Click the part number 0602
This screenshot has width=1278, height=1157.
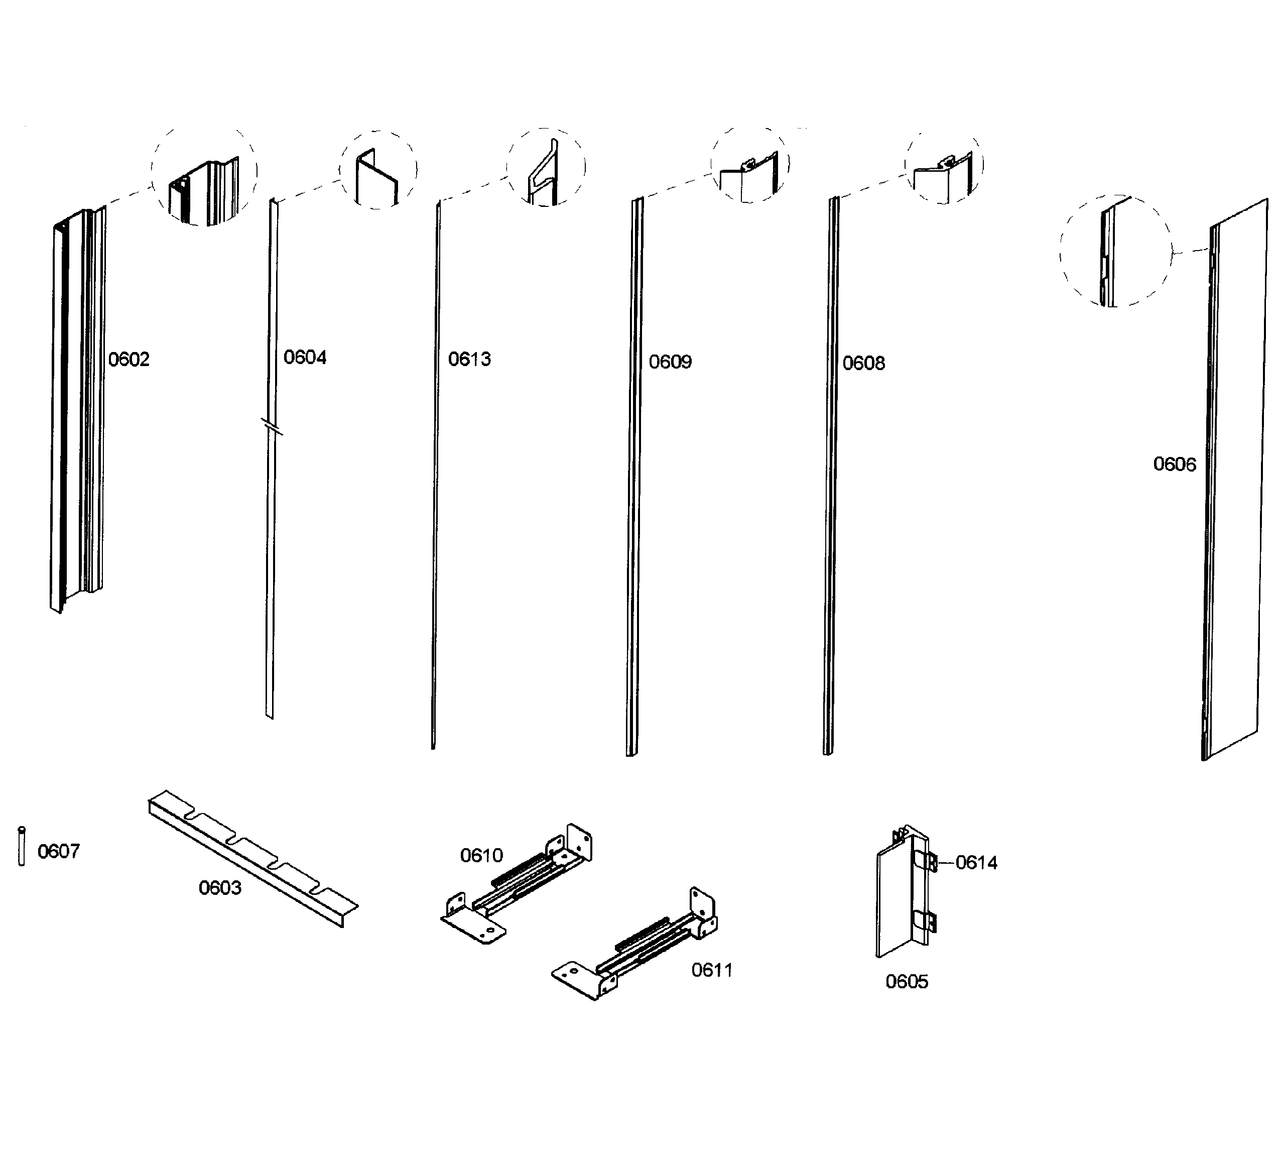[129, 360]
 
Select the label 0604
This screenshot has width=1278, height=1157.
[305, 358]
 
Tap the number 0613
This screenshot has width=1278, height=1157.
[469, 360]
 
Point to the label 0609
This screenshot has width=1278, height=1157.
[670, 362]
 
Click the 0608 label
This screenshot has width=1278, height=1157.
[863, 364]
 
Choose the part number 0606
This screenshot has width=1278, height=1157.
[1174, 465]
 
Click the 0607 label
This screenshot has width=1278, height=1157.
[58, 851]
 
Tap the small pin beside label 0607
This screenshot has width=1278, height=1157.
[22, 846]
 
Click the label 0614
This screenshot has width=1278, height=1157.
[976, 863]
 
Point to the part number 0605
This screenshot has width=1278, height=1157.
[907, 982]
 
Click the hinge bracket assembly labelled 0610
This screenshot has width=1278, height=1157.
[517, 885]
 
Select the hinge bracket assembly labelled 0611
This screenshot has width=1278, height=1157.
[634, 945]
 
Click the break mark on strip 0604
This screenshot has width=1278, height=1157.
[272, 427]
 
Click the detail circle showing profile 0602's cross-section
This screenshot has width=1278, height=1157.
[204, 173]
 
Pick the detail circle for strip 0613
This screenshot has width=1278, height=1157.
[546, 167]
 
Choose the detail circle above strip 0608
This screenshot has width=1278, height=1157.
[943, 165]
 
